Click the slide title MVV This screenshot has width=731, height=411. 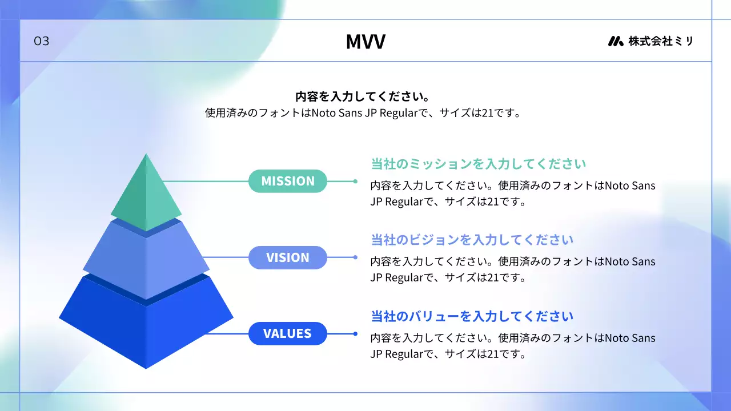365,42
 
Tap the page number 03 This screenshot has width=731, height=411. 42,41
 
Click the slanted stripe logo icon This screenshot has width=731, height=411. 616,41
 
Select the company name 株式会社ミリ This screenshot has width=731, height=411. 661,41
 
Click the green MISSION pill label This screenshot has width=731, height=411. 287,181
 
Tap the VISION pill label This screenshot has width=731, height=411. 287,257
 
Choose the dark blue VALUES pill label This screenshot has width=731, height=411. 287,333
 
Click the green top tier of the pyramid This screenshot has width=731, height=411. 146,196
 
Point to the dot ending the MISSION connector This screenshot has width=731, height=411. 355,182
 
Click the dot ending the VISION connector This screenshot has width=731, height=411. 355,257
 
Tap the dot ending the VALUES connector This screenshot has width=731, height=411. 355,334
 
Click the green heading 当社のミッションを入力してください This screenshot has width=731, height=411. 479,164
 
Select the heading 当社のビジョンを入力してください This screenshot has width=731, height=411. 472,240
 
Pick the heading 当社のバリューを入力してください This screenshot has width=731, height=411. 472,316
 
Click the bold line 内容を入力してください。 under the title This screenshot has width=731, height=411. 363,96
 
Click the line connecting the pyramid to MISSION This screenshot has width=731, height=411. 206,181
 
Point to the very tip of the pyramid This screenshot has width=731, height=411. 146,154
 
